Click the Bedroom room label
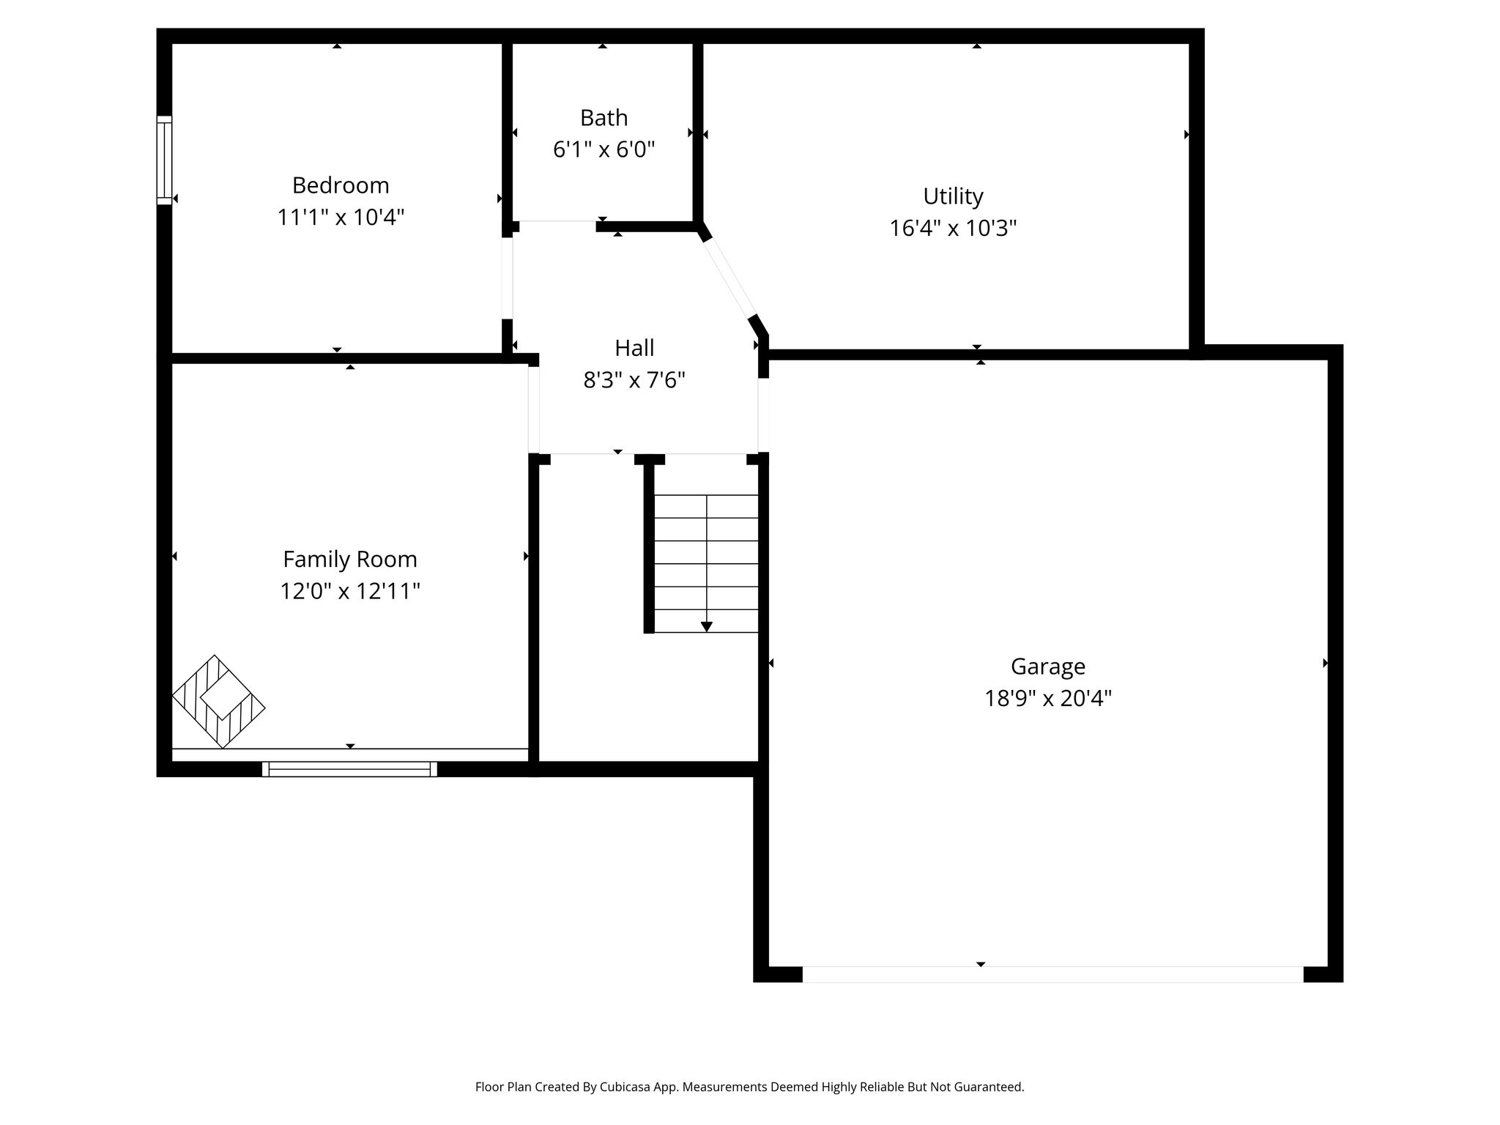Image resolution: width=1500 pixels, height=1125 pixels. (x=341, y=186)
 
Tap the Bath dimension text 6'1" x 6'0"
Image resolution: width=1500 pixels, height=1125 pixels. (x=604, y=149)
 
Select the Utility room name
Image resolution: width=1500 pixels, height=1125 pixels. (x=953, y=197)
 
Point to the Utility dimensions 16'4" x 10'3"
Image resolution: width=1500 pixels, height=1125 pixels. (x=953, y=229)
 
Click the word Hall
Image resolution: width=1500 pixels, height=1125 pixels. (x=634, y=348)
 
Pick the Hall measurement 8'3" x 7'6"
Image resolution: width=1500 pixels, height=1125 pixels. (x=634, y=380)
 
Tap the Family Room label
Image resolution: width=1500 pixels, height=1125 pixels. (x=350, y=560)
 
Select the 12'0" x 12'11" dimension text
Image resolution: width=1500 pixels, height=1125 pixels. (x=350, y=591)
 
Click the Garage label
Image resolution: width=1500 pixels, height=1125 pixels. (x=1048, y=667)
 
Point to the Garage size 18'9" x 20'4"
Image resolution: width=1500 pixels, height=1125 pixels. (x=1048, y=699)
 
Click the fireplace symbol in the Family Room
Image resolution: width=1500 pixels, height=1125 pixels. (x=218, y=702)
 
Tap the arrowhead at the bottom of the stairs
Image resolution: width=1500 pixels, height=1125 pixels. (x=706, y=626)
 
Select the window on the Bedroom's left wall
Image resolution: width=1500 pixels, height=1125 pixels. (x=164, y=160)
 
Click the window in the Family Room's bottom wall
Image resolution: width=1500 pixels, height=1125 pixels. (x=349, y=769)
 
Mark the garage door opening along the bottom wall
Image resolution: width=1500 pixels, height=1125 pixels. (x=1052, y=974)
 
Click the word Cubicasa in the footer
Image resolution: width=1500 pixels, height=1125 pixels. (x=627, y=1087)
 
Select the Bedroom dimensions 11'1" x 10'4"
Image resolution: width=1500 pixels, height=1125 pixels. (x=341, y=218)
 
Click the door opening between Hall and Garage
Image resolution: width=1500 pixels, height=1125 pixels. (x=763, y=415)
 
